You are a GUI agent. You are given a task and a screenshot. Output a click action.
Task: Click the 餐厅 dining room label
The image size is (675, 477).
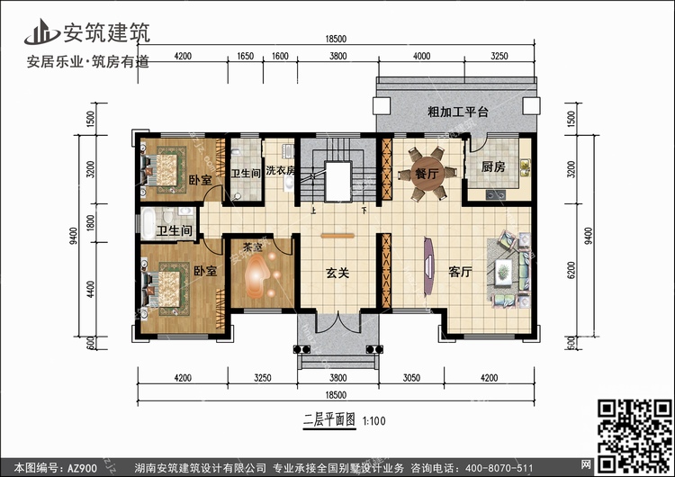coord(427,174)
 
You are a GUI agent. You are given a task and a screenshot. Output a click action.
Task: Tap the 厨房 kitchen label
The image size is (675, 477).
coord(493,166)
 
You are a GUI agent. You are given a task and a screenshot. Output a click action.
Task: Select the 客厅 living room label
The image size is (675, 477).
coord(460,272)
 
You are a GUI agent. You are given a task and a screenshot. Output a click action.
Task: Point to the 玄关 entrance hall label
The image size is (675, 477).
coord(337,273)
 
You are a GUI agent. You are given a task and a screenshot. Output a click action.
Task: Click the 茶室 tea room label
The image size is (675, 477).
coord(252,247)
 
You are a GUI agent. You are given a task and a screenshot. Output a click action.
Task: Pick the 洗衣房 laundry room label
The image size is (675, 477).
coord(280,170)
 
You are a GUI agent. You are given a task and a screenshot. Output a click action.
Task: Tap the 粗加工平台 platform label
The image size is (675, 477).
coord(457,112)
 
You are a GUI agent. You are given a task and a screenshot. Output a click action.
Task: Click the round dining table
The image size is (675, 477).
coord(427,174)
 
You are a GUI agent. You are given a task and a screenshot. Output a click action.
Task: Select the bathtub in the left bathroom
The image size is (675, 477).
coord(148,223)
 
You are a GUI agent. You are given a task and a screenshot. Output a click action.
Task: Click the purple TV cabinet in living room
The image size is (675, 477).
coord(428,266)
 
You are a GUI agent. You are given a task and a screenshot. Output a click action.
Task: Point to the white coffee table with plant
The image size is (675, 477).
coord(503,272)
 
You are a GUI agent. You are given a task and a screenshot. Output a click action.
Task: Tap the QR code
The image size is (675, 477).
coord(634,436)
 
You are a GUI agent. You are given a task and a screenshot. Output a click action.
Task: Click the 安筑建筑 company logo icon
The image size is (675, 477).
coord(41,31)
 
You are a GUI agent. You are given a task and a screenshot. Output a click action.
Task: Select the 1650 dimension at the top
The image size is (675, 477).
coord(246,56)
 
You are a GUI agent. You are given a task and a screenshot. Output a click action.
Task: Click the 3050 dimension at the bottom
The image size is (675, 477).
coord(411,378)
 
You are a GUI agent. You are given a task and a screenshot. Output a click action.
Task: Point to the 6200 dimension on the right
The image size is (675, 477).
coord(571,270)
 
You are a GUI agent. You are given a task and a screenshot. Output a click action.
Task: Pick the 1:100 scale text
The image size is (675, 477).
coord(373,420)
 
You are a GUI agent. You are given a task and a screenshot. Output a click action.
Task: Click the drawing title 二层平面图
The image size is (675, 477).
coord(329,419)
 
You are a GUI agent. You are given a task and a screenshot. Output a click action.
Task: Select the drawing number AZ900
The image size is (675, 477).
coord(82,468)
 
